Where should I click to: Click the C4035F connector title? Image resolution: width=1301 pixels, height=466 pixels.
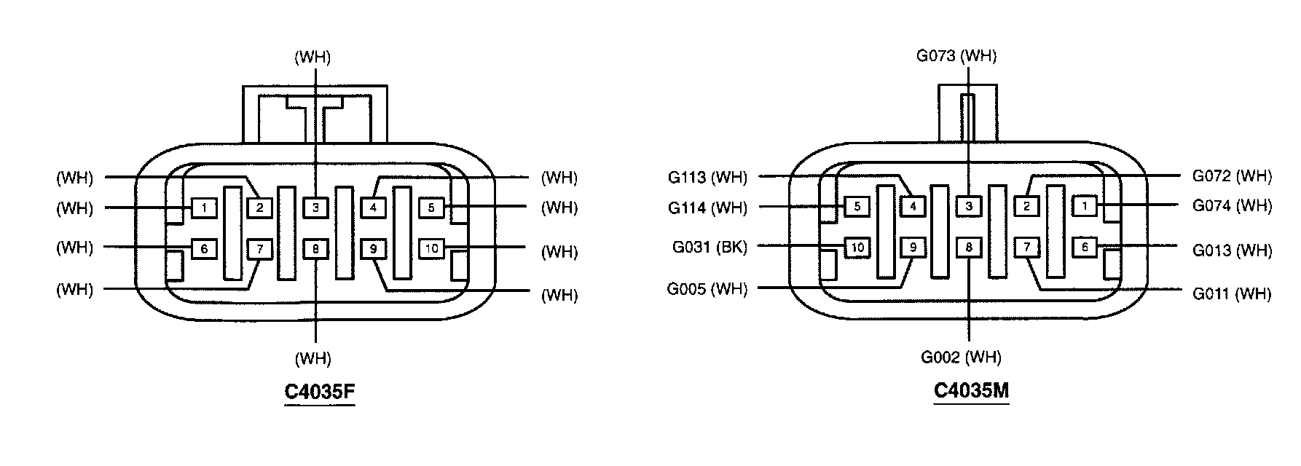(x=319, y=392)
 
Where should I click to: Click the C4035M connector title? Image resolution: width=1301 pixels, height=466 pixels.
(x=971, y=391)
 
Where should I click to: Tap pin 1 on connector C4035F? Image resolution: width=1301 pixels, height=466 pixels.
(x=205, y=208)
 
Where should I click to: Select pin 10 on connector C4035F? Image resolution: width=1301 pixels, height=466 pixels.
(x=432, y=249)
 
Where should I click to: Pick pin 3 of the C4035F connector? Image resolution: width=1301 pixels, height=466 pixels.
(x=315, y=208)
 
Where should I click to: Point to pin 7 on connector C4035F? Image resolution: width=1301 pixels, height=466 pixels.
(x=259, y=249)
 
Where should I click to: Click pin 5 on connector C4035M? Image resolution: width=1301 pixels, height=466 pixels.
(x=857, y=207)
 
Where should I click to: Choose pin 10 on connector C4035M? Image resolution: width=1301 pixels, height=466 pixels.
(x=857, y=248)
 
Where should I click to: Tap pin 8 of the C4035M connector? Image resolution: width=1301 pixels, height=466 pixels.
(x=969, y=248)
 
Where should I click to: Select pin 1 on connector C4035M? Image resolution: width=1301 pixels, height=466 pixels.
(x=1085, y=207)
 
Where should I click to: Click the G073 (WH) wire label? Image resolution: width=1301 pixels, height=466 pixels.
(x=956, y=56)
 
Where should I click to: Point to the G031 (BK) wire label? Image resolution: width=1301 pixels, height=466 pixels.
(x=710, y=247)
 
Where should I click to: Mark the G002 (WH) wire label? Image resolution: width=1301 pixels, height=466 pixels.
(x=961, y=358)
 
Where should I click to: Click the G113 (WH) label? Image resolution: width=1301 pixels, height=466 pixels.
(x=707, y=177)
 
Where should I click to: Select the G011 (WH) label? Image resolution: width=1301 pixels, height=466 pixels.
(x=1232, y=294)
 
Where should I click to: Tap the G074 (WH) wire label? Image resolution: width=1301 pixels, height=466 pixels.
(x=1232, y=206)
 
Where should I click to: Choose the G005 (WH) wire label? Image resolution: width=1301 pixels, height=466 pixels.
(x=707, y=289)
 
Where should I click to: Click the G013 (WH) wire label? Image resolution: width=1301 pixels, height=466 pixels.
(x=1232, y=250)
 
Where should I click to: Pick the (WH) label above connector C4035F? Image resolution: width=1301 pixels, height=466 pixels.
(x=313, y=58)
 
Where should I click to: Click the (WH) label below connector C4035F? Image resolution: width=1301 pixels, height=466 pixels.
(x=313, y=358)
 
